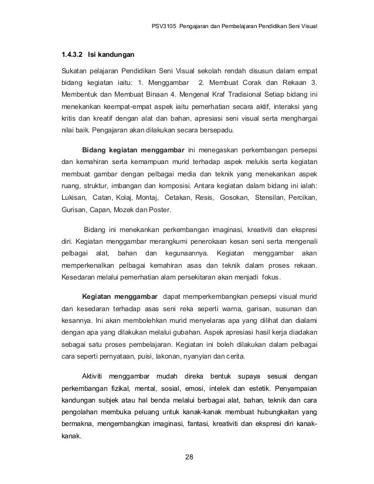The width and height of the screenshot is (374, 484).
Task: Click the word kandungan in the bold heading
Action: tap(112, 56)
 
